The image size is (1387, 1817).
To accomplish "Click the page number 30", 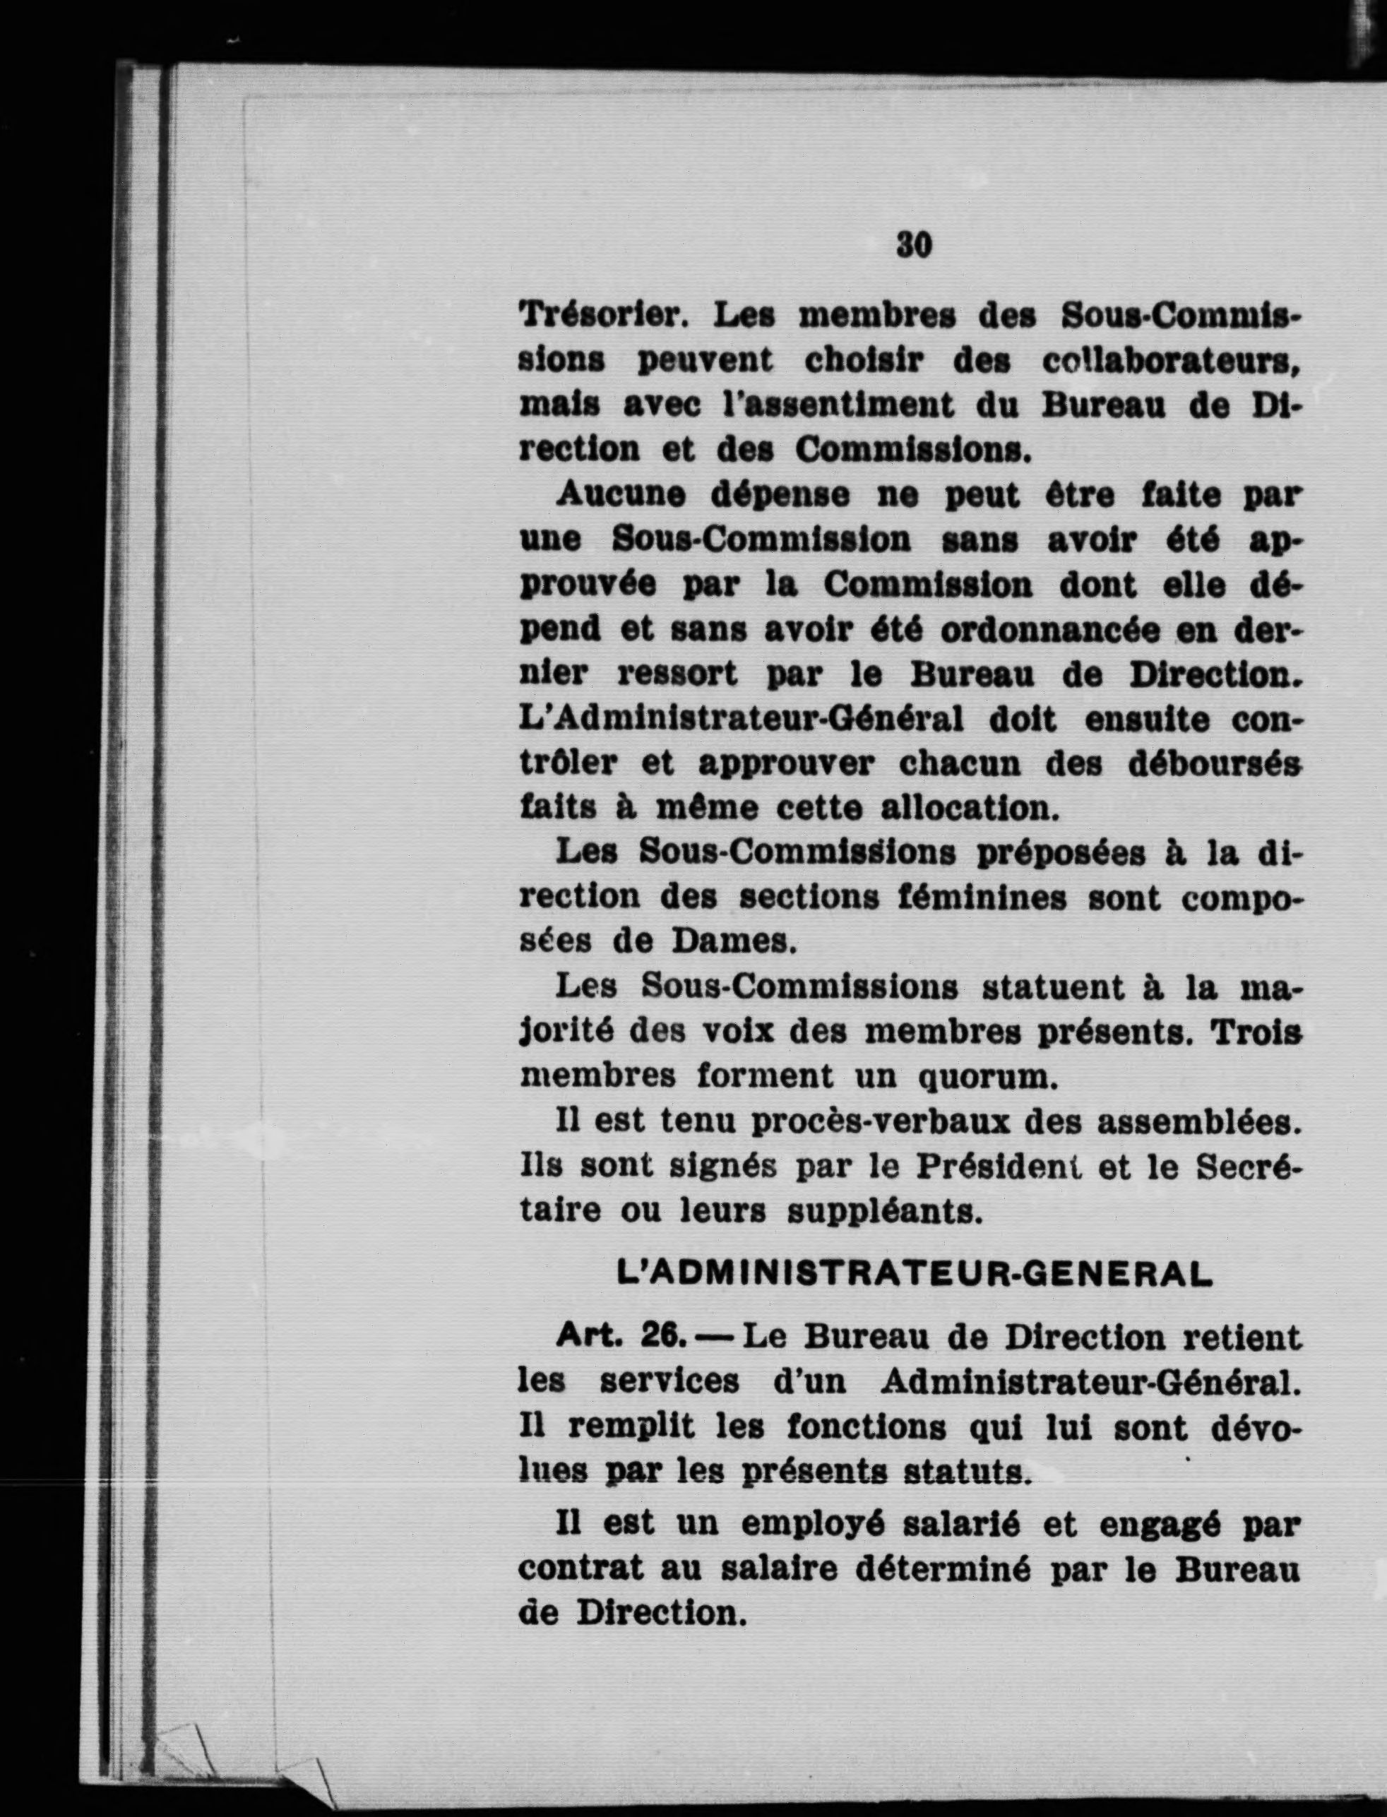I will point(913,245).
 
